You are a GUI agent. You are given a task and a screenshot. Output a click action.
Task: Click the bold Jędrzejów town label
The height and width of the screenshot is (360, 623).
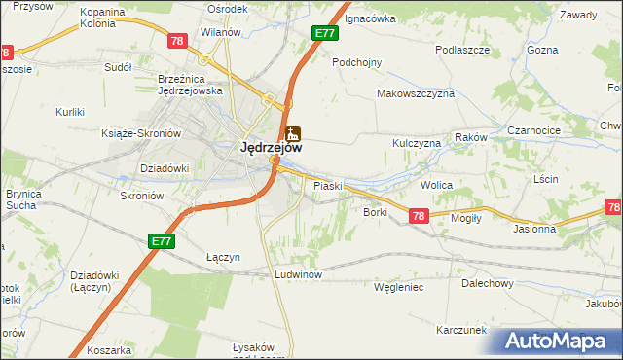click(271, 148)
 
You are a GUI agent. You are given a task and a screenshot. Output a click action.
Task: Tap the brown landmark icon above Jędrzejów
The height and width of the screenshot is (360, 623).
click(292, 134)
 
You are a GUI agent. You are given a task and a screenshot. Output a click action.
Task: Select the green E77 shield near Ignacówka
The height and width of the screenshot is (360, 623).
click(325, 33)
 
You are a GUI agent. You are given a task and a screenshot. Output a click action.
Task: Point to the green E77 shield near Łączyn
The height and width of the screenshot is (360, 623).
click(162, 240)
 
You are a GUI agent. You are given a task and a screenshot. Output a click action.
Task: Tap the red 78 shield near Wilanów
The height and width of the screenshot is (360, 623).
click(176, 41)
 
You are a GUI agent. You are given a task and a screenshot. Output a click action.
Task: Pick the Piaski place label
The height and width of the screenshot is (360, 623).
click(326, 184)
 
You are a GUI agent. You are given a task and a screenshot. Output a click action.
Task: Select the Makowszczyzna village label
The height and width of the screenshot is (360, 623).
click(417, 94)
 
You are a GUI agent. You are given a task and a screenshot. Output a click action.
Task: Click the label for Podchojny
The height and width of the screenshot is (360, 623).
click(357, 61)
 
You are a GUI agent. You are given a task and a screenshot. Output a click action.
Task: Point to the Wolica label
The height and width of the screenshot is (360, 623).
click(437, 183)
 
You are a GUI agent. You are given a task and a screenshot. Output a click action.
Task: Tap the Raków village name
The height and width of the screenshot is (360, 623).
click(471, 138)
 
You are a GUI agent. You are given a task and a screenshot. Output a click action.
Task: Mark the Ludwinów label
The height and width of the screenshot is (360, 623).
click(298, 275)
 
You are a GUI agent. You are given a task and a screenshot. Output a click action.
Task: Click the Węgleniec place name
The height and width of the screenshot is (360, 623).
click(398, 287)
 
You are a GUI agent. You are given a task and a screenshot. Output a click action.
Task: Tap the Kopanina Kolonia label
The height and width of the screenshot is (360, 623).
click(102, 18)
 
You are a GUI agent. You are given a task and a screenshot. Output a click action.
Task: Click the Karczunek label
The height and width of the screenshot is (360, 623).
click(461, 330)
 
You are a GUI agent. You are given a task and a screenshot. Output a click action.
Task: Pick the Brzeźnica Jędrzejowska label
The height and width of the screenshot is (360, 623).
click(191, 85)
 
